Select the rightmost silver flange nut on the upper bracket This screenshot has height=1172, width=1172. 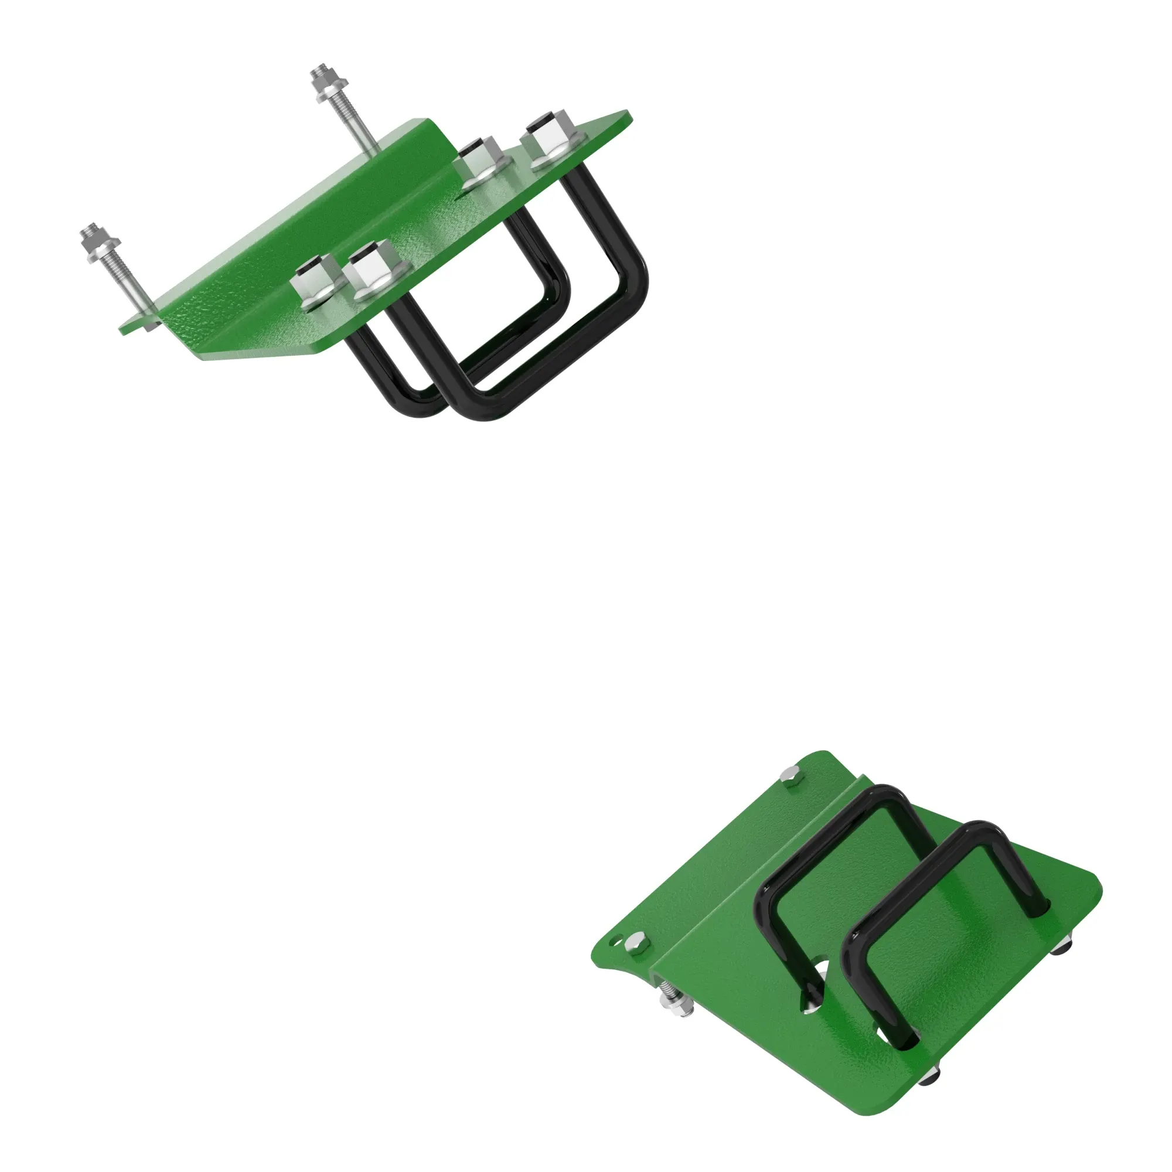pos(550,141)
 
